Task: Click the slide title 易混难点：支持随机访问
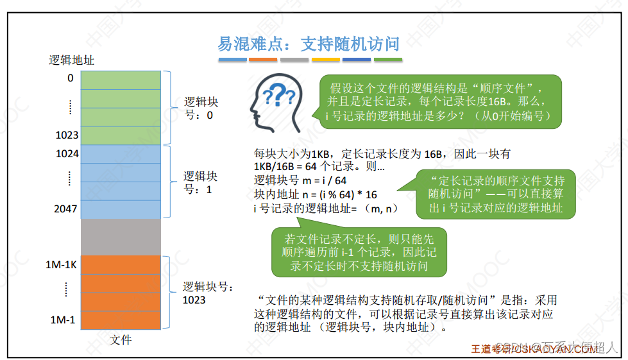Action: coord(309,44)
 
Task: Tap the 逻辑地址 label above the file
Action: coord(72,60)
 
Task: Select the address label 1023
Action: coord(67,135)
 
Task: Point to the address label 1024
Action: coord(67,154)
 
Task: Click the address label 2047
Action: coord(67,209)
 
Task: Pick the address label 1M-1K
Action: coord(61,265)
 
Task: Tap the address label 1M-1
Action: coord(64,320)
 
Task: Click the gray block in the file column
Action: coord(121,237)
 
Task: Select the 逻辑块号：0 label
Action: coord(201,108)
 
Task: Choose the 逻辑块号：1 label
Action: coord(201,183)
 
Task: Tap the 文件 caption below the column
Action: coord(121,340)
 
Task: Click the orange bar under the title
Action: coord(263,60)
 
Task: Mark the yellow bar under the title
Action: coord(325,60)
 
